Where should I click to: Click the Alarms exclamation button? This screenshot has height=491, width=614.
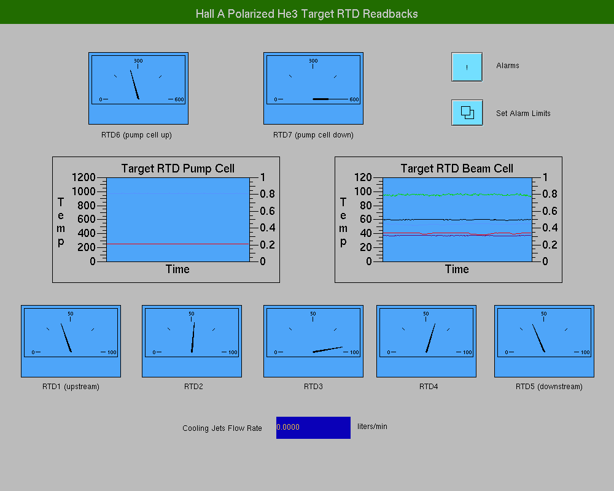(467, 67)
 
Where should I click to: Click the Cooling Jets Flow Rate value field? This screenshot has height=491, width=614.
(313, 428)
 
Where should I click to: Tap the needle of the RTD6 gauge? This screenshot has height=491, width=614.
(134, 85)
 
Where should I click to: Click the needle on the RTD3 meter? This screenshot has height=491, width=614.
(327, 350)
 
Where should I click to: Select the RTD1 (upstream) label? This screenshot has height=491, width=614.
(71, 387)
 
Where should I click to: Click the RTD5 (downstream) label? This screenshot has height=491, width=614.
(549, 387)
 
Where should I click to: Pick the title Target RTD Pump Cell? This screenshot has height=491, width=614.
(178, 168)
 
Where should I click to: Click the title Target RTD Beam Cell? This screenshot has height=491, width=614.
(457, 168)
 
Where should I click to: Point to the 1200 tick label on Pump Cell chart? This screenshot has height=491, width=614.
(84, 177)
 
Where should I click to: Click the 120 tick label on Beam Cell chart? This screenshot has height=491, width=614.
(363, 177)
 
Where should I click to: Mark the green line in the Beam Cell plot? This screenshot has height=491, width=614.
(457, 195)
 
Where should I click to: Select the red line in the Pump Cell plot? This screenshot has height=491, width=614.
(178, 244)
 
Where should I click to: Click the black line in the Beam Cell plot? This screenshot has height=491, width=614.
(457, 220)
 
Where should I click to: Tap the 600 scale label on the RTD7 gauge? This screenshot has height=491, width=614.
(354, 99)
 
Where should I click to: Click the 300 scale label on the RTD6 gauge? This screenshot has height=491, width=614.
(138, 61)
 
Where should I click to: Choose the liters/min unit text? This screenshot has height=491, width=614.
(372, 427)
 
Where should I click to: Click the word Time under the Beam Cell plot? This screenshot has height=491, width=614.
(457, 269)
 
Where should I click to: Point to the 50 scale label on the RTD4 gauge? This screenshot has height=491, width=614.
(426, 314)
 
